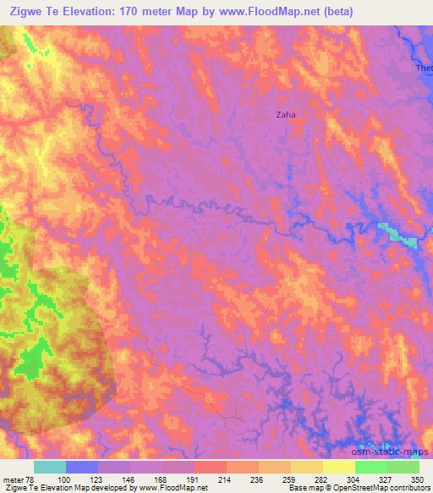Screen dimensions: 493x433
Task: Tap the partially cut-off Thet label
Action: pos(424,68)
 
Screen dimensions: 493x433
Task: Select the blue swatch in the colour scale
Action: pos(82,467)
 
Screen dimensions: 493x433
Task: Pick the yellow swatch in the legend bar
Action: pos(338,467)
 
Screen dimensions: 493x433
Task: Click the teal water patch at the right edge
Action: pos(397,234)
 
